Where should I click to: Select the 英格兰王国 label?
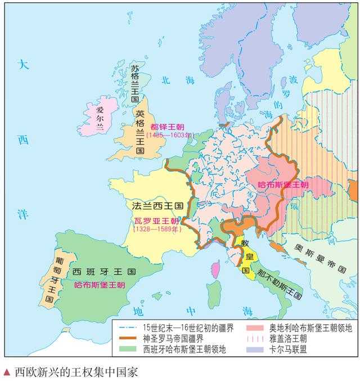pos(140,132)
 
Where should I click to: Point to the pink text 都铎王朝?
pos(170,127)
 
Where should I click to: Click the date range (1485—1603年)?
pos(169,136)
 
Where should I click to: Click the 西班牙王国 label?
pos(104,272)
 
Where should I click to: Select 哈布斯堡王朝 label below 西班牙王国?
pos(100,285)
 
